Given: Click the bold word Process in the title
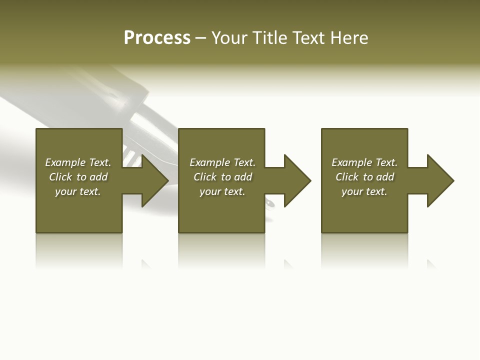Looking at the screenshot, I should pos(157,38).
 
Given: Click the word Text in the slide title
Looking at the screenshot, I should pos(308,38).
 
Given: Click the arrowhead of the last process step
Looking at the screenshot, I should pos(439,180).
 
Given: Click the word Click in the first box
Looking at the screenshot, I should pos(60,177).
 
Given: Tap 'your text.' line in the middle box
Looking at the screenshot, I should pos(222,191).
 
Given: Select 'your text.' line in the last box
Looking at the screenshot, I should pos(364,191).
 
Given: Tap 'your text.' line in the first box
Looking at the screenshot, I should pos(77,191).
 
